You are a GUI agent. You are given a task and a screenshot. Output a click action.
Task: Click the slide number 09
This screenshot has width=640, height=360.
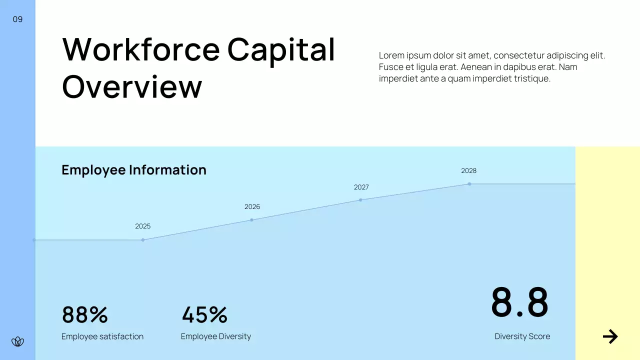17,19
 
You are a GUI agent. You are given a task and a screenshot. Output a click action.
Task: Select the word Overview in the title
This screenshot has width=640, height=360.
132,86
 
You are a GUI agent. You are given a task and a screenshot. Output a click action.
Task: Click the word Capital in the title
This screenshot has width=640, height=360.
281,49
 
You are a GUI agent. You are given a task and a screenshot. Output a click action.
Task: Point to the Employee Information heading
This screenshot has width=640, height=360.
133,170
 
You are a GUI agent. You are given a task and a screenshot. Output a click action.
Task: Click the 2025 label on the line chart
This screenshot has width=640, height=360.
142,226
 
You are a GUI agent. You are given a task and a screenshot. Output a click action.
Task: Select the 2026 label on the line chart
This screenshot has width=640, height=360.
252,207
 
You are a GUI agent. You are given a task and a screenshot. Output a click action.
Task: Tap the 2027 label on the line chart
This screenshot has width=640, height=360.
361,187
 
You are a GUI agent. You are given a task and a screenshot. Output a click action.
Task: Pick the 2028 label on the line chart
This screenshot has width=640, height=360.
468,171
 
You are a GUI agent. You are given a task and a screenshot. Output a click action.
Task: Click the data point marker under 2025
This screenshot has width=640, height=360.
143,240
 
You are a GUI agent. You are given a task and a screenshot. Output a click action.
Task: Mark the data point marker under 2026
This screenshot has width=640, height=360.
251,220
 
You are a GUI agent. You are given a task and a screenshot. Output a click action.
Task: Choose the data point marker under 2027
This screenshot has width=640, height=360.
360,200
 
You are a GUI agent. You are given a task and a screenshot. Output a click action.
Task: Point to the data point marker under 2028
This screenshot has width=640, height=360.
469,184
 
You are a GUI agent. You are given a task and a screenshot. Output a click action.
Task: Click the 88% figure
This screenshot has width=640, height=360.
84,315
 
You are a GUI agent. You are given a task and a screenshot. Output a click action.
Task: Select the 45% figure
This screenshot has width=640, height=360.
204,315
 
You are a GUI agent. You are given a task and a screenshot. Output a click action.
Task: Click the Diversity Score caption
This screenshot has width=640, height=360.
522,336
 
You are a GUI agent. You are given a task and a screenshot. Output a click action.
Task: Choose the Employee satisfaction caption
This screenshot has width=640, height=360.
102,336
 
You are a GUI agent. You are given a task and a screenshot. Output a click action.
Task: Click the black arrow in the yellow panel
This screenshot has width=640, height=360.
610,336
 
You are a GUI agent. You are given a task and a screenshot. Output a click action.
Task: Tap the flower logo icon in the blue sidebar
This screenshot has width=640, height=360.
17,342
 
